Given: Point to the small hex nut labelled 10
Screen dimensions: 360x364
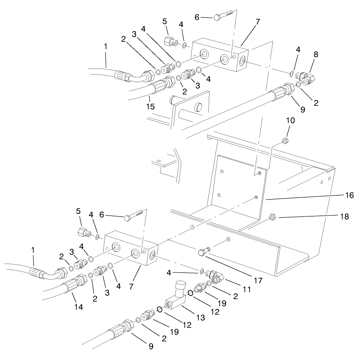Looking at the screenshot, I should [x=285, y=142].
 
